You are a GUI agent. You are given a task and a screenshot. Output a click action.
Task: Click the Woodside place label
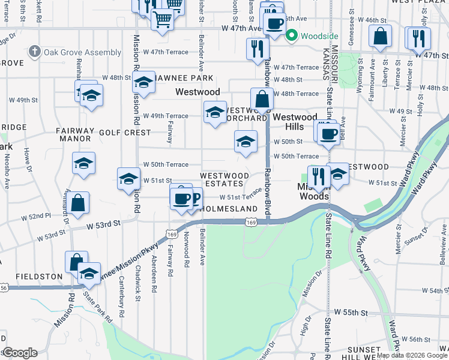315,36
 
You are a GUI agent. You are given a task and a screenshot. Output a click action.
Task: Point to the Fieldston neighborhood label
39,277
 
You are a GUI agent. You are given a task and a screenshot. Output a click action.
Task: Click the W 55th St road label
351,313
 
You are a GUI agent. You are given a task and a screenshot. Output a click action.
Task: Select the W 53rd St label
104,224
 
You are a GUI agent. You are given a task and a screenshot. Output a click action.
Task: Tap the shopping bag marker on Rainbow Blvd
262,99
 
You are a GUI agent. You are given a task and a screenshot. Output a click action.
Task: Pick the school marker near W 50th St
245,142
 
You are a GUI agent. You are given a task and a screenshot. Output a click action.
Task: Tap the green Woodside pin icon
292,35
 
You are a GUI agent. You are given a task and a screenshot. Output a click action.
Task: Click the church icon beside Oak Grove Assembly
35,52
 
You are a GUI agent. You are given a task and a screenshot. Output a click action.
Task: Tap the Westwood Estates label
224,179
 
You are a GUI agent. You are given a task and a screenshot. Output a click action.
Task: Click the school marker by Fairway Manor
83,163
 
